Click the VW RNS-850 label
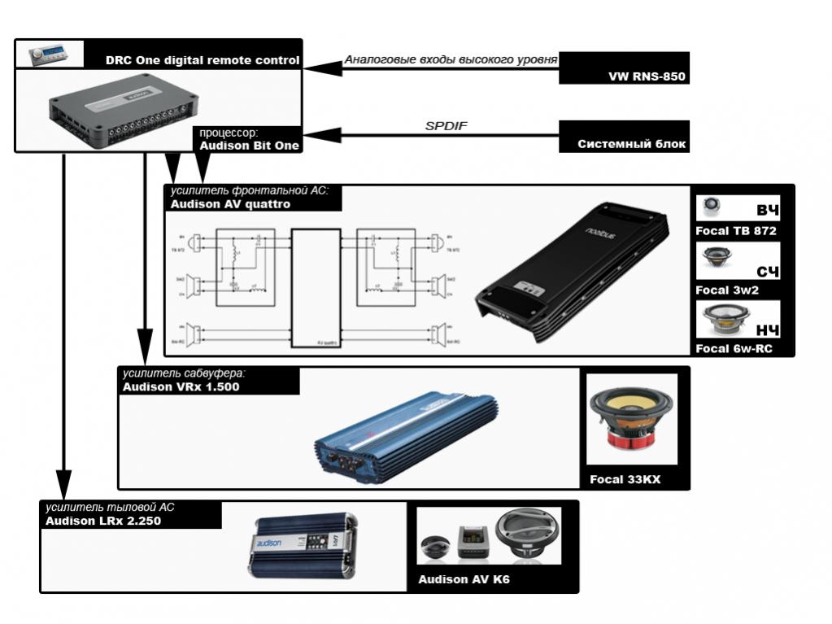click(647, 77)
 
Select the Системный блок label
click(632, 145)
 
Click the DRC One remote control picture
click(49, 54)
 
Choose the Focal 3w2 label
click(726, 290)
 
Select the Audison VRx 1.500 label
click(181, 386)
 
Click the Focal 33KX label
click(625, 480)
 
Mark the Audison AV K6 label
click(464, 580)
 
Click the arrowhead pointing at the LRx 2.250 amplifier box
click(63, 482)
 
